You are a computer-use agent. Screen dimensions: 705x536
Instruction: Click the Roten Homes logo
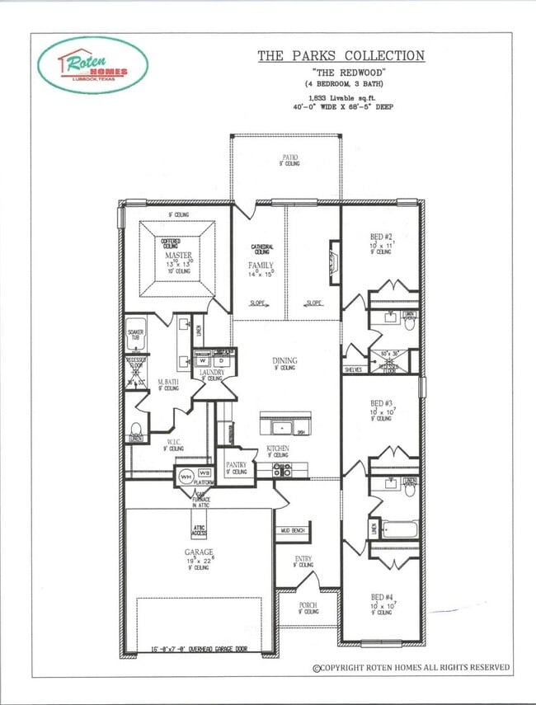(x=92, y=67)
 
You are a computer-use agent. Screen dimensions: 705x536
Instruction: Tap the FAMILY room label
(x=261, y=266)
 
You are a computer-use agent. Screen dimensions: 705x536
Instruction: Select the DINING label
(x=285, y=360)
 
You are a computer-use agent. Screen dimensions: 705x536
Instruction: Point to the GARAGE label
(x=198, y=552)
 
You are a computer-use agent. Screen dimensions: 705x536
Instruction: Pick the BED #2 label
(x=381, y=237)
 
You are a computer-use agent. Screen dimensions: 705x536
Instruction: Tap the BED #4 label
(x=380, y=597)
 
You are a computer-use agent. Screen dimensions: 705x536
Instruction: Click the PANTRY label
(x=236, y=465)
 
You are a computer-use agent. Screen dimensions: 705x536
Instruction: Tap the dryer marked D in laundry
(x=220, y=360)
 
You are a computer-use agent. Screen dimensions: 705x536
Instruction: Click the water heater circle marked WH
(x=186, y=477)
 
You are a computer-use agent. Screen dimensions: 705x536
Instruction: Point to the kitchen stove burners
(x=282, y=470)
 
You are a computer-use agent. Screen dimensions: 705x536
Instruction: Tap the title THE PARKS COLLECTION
(x=341, y=56)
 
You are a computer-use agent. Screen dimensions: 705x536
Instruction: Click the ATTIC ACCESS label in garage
(x=200, y=529)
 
